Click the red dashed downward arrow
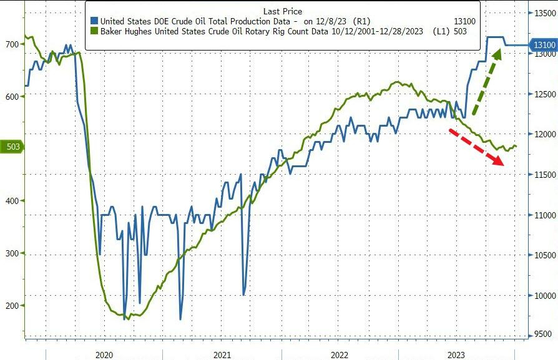[477, 146]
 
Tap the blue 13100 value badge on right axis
[542, 45]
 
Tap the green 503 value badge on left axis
[12, 147]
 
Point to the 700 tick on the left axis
[12, 44]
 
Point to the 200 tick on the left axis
[12, 306]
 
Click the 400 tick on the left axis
[12, 201]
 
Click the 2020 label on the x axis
[104, 354]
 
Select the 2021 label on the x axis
[222, 354]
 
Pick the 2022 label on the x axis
[340, 354]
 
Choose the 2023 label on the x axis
[456, 354]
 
